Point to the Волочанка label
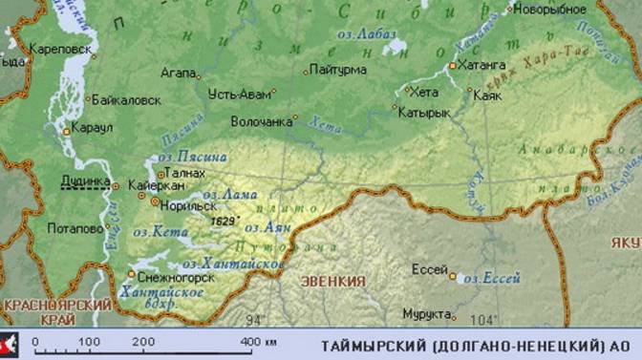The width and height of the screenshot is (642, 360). coord(261,121)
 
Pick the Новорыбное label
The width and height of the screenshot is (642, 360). coord(549,10)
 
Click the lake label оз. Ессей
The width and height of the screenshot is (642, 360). coord(491,279)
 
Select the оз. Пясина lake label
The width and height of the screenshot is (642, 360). coord(192,157)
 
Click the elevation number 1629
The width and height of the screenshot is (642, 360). coord(225,221)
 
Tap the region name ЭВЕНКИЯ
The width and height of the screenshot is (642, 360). coord(333,281)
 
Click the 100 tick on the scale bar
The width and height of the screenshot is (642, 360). coord(89,341)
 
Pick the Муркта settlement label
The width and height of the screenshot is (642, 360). coord(425,313)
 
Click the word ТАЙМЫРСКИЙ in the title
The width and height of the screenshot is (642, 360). coord(369,345)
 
